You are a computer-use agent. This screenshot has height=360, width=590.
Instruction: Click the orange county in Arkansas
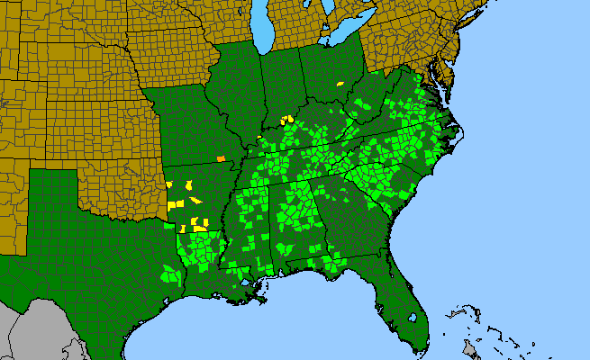point(221,159)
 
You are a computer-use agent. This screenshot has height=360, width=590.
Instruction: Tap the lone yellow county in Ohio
point(340,84)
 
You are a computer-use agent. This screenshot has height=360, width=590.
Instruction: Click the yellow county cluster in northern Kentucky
point(287,119)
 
